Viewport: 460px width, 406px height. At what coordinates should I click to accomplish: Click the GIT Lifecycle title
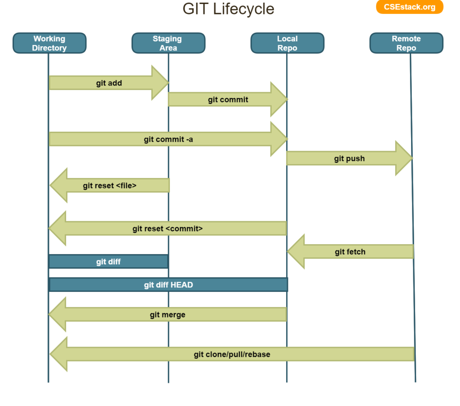(228, 9)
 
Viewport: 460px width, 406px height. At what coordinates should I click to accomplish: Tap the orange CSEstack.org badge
(409, 7)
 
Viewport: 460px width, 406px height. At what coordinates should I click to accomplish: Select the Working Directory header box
(49, 43)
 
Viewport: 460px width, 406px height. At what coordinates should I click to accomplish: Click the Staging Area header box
(168, 43)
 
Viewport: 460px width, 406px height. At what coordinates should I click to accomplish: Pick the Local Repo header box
(287, 43)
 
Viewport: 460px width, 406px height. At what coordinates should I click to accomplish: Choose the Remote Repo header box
(406, 43)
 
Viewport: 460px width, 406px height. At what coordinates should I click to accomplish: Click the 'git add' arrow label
(109, 83)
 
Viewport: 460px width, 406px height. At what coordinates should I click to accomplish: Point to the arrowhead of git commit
(279, 99)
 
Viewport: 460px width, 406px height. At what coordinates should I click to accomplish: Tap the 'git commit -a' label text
(168, 139)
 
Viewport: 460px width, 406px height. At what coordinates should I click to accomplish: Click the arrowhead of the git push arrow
(404, 158)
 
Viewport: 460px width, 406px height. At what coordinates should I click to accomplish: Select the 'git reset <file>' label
(110, 185)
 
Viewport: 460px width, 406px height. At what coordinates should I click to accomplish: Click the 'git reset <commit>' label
(168, 228)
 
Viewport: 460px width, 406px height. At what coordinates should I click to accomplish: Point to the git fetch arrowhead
(296, 252)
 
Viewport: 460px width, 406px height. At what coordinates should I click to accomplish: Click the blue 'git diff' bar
(108, 262)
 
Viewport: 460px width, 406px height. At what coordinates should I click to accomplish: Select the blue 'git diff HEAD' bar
(168, 285)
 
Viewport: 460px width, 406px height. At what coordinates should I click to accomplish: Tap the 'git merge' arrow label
(168, 315)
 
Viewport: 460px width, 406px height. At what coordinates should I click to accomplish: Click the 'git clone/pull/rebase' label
(232, 354)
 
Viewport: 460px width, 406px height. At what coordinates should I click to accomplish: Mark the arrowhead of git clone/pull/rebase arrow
(58, 354)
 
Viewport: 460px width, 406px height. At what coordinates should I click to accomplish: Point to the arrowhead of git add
(160, 83)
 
